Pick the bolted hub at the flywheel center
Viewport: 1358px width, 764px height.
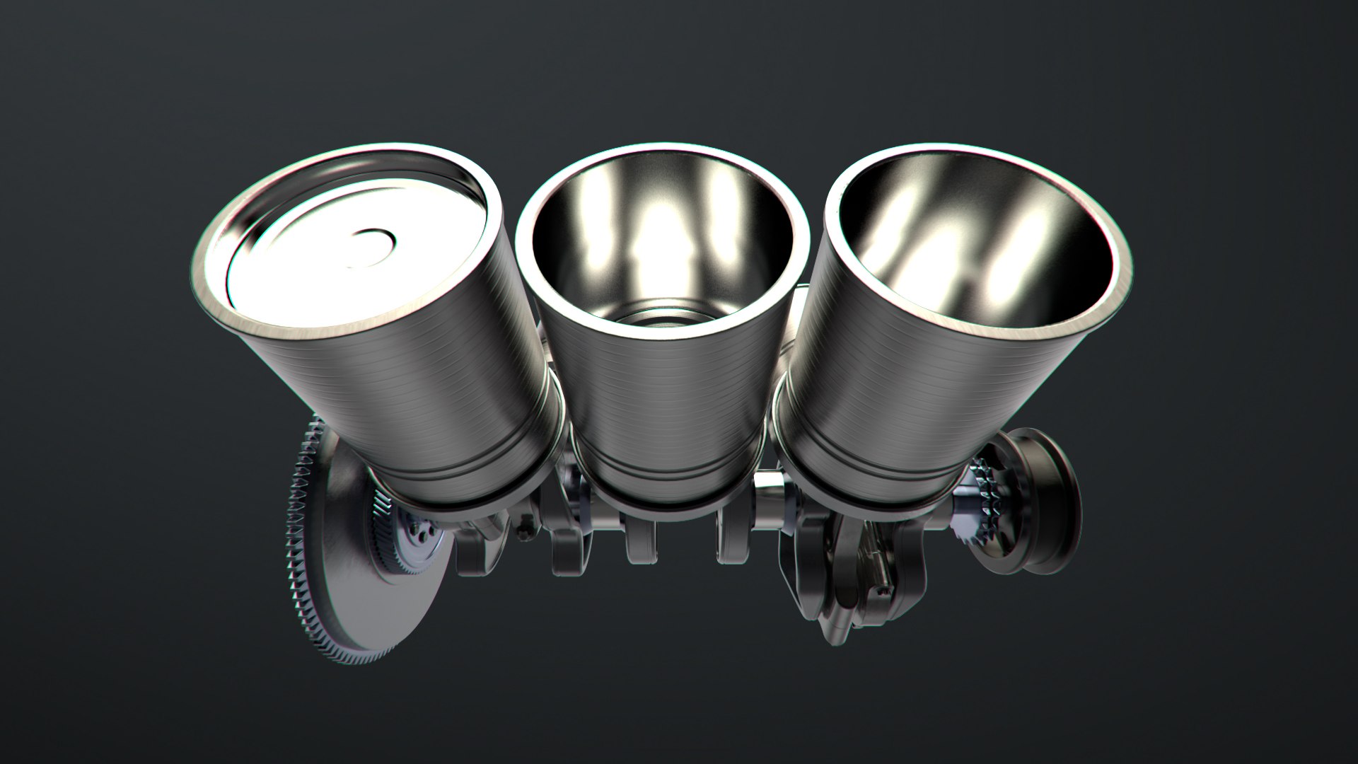(x=417, y=538)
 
